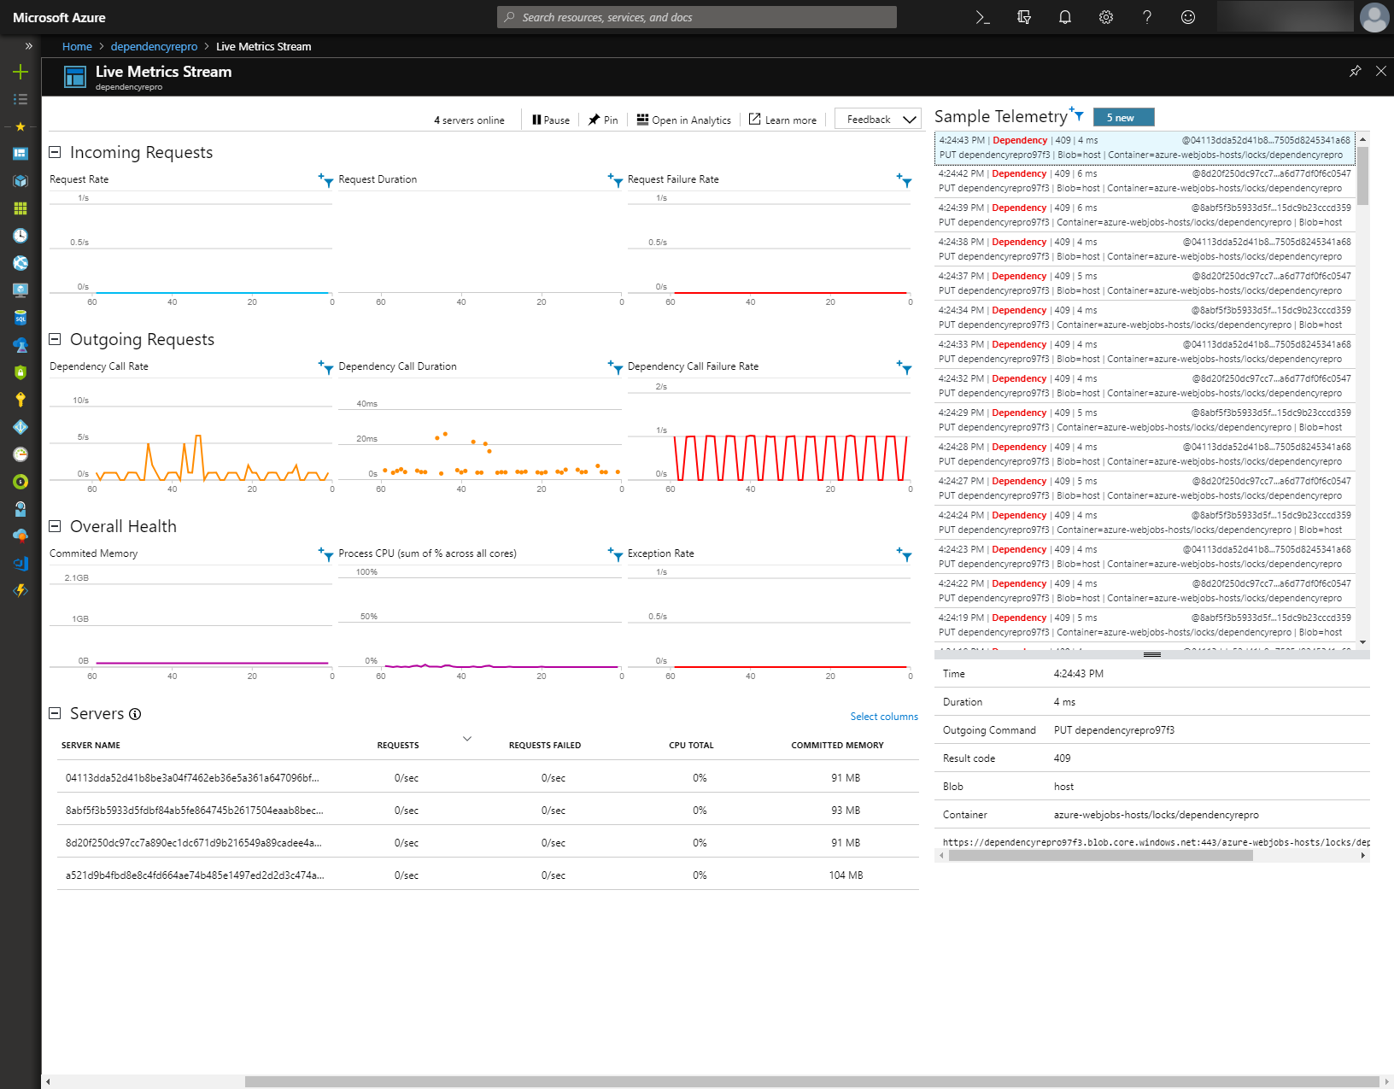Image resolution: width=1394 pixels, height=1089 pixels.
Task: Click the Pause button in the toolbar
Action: (x=551, y=120)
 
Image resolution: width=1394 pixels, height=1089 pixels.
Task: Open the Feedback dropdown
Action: (x=878, y=120)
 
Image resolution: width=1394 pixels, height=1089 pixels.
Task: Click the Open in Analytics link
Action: (x=684, y=120)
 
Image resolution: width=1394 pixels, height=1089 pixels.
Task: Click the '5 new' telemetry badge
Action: (x=1123, y=118)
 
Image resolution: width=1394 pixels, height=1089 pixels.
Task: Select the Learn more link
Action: (x=782, y=120)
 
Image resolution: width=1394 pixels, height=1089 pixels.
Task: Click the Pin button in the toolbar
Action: (x=603, y=120)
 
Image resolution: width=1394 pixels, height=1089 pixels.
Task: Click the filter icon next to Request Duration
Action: (x=616, y=179)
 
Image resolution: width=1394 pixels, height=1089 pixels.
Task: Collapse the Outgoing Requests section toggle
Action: (x=55, y=339)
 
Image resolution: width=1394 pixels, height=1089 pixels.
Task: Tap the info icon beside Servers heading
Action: (x=135, y=714)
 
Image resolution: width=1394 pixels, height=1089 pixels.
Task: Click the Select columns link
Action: (x=884, y=717)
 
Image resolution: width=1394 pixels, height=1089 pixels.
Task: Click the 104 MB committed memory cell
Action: (x=846, y=875)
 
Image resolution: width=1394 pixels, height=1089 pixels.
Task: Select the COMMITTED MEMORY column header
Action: (x=837, y=746)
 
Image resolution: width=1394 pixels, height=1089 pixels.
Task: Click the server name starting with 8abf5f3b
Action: (x=194, y=811)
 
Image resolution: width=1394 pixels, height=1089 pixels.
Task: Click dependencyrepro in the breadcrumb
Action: (x=154, y=47)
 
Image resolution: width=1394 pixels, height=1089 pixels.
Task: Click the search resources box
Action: (x=696, y=17)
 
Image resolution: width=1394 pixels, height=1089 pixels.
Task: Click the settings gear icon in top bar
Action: (x=1106, y=17)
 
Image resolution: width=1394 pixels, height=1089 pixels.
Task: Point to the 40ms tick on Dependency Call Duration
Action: (x=367, y=404)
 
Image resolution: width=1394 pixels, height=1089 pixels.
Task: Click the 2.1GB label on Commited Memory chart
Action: (x=77, y=578)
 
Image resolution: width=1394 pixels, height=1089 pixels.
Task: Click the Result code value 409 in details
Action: (x=1062, y=758)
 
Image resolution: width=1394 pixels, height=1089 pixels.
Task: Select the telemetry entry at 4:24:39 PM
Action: (x=1145, y=214)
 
